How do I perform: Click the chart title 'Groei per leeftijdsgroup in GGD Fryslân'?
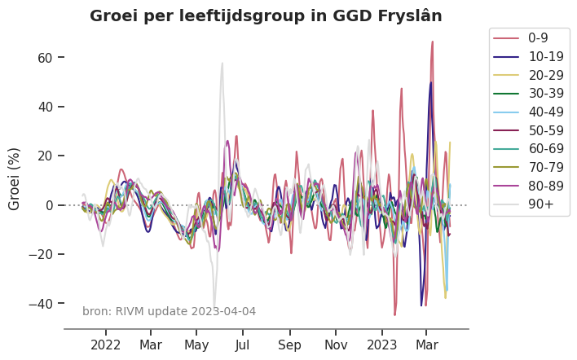[266, 15]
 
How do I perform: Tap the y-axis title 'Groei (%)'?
[15, 178]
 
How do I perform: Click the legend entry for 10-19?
[543, 58]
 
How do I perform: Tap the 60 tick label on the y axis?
[44, 58]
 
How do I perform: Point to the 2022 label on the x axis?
[106, 345]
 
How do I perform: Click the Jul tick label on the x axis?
[242, 345]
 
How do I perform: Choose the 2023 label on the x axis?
[381, 345]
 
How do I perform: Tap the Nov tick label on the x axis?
[336, 345]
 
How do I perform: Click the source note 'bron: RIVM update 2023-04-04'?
[169, 311]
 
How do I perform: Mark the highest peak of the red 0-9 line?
[432, 42]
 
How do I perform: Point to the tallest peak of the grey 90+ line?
[222, 63]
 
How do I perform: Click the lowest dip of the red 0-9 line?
[394, 314]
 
